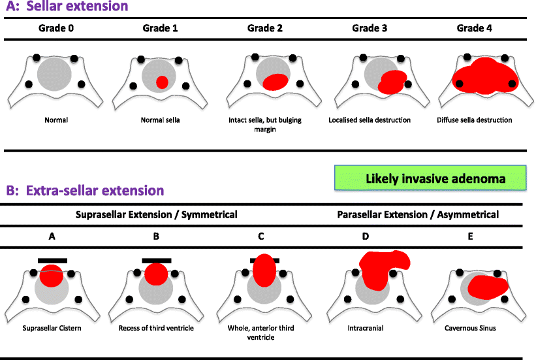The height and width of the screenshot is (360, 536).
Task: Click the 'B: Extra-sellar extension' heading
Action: [85, 190]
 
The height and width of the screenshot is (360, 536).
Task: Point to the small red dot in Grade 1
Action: [162, 81]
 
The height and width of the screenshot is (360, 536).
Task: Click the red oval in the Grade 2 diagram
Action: [275, 81]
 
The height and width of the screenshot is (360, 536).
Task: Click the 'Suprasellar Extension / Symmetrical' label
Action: [157, 214]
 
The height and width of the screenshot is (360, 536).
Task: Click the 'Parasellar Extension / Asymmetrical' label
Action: [418, 214]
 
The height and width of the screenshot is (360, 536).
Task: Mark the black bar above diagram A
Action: [53, 260]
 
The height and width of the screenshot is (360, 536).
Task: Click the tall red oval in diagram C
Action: [264, 270]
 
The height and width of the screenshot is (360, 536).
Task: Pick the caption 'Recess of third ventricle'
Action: [157, 328]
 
